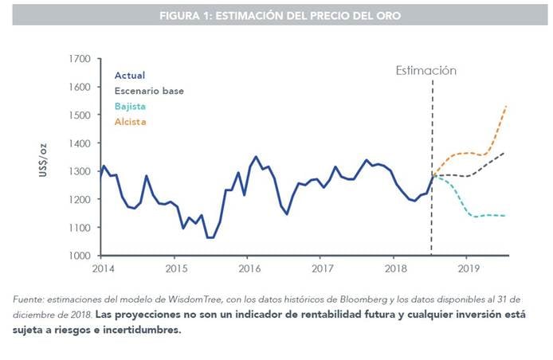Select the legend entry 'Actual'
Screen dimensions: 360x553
pos(130,76)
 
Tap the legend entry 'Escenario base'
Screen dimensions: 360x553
pos(149,91)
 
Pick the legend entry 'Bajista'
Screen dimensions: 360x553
pos(130,107)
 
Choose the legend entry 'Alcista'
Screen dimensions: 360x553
pos(130,122)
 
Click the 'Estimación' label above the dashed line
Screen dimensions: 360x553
pos(426,71)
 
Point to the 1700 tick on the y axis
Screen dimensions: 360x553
pos(80,59)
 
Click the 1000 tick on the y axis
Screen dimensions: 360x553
pos(80,256)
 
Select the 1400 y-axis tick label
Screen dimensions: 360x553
pos(80,143)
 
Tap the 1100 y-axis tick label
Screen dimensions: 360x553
pos(80,228)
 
